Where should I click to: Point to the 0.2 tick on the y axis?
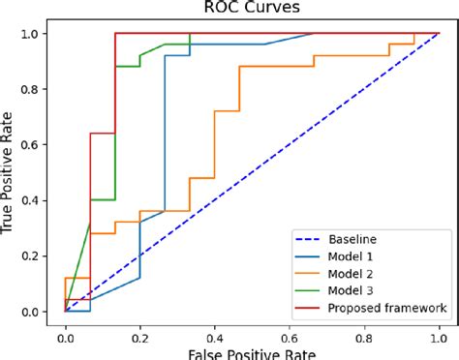tap(34, 256)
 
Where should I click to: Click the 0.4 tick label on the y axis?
tap(34, 200)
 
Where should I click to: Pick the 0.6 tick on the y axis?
tap(34, 145)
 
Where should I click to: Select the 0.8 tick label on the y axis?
tap(34, 89)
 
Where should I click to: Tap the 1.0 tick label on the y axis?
tap(34, 34)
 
